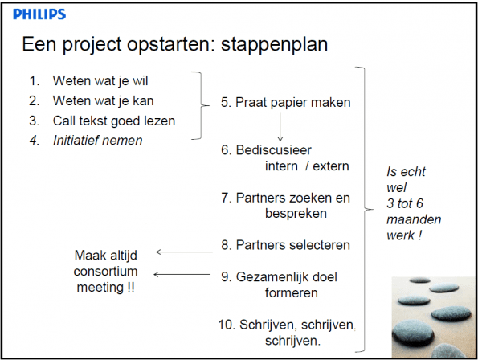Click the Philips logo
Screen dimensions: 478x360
pos(39,14)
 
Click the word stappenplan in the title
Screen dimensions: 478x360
pos(274,44)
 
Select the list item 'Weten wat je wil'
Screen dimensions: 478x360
pos(100,81)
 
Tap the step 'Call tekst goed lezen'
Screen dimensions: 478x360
pos(114,121)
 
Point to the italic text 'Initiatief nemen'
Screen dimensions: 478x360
pos(97,140)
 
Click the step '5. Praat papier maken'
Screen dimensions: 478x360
pos(286,102)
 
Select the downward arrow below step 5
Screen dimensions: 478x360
pos(280,126)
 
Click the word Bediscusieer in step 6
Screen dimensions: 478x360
pos(273,150)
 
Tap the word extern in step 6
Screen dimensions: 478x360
pos(331,166)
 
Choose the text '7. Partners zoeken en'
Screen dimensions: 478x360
pos(286,198)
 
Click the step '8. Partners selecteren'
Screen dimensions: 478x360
pos(286,245)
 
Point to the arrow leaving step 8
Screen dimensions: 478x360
pos(185,252)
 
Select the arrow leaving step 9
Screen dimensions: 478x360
pos(182,274)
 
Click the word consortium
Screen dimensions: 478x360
pos(105,272)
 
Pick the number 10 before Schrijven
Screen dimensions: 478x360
pos(227,325)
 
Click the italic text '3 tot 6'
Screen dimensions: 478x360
pos(405,203)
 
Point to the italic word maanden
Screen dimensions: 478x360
pos(414,219)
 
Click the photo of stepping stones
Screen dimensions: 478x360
pos(433,317)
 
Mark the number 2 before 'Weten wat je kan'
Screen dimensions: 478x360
pos(34,101)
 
